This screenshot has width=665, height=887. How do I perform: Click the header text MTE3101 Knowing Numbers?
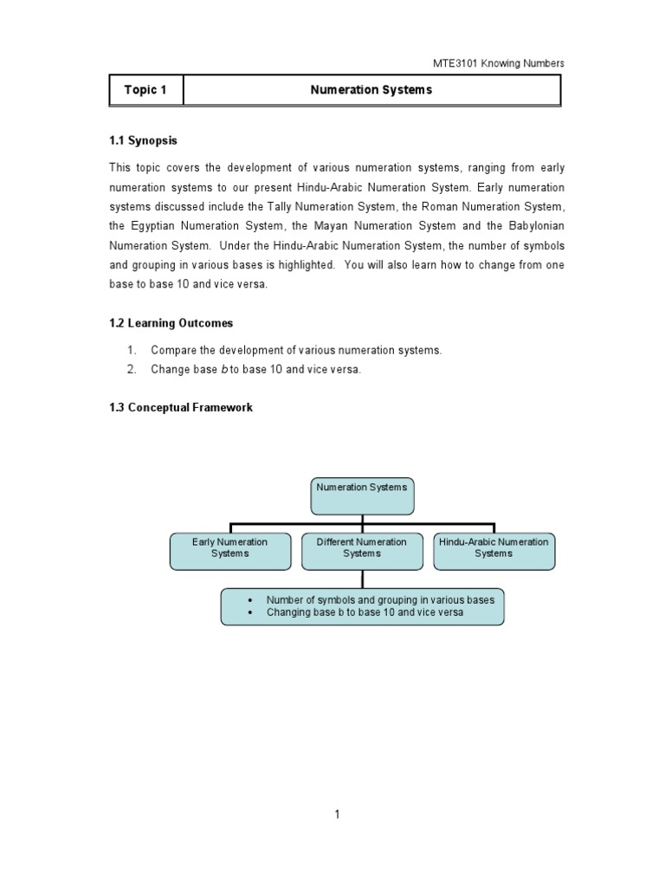coord(498,63)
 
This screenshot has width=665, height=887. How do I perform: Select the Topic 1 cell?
coord(145,90)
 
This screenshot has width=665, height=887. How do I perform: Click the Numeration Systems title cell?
coord(371,90)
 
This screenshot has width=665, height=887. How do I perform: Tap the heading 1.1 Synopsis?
coord(143,140)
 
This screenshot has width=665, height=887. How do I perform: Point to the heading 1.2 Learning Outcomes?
coord(171,323)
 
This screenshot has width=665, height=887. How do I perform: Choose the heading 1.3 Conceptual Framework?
coord(181,407)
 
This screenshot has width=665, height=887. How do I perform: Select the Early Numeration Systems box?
coord(229,551)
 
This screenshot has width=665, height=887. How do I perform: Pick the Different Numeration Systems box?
coord(361,551)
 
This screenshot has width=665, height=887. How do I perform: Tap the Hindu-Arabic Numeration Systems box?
coord(494,551)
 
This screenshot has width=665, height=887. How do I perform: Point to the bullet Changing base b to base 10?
coord(364,612)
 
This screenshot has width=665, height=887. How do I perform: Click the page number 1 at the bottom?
coord(337,814)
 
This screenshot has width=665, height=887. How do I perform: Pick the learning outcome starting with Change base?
coord(255,370)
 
